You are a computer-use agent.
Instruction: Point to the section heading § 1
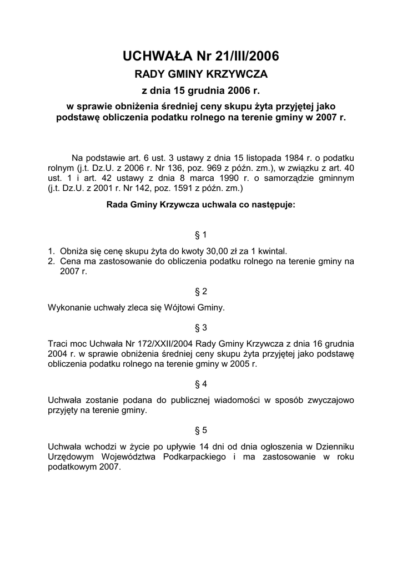200,235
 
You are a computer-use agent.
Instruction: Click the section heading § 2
200,291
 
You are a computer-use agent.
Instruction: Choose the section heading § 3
200,327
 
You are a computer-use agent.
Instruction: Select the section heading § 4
200,384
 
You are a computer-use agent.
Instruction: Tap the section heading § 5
200,430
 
